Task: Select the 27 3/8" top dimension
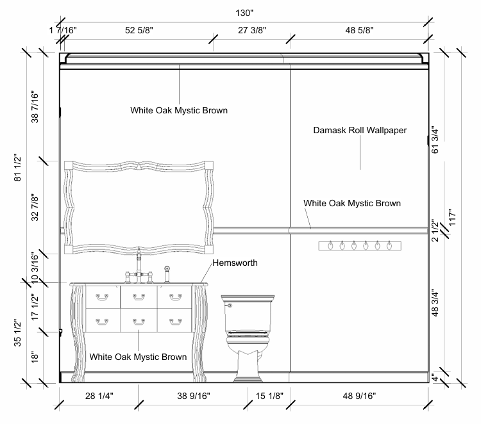pos(251,30)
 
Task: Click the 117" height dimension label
pos(453,220)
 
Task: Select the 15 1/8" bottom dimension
pos(269,396)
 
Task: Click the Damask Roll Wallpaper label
pos(360,130)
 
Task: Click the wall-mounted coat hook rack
pos(359,245)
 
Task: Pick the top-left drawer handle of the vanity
pos(102,296)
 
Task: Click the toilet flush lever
pos(228,306)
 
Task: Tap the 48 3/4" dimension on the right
pos(437,303)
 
